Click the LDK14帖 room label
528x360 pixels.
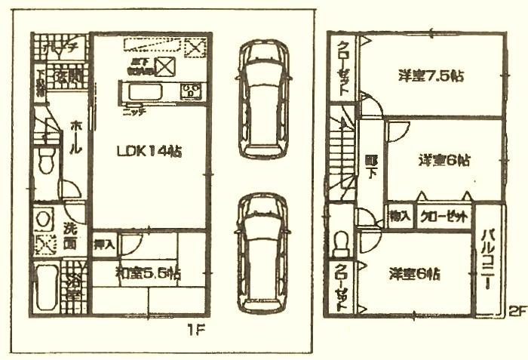(149, 151)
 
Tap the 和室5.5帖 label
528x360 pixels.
(148, 272)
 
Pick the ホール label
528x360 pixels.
(75, 139)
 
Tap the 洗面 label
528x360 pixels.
(70, 235)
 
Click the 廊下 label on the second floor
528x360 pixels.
(370, 166)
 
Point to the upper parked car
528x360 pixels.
(263, 98)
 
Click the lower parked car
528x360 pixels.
(263, 253)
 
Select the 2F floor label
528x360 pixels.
(515, 309)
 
